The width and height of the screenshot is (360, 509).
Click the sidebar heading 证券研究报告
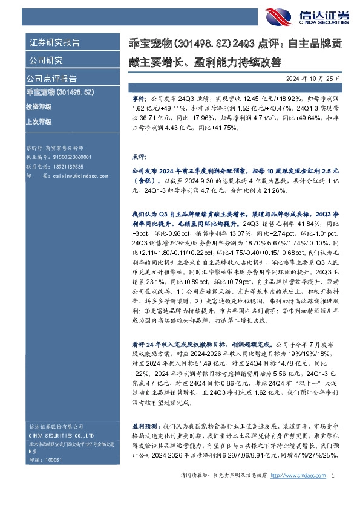tap(54, 43)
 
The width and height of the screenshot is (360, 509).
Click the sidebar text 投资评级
tap(39, 106)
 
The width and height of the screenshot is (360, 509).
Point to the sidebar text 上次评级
tap(39, 122)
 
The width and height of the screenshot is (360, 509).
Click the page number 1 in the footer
tap(333, 476)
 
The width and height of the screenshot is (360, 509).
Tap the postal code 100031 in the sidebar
tap(54, 460)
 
